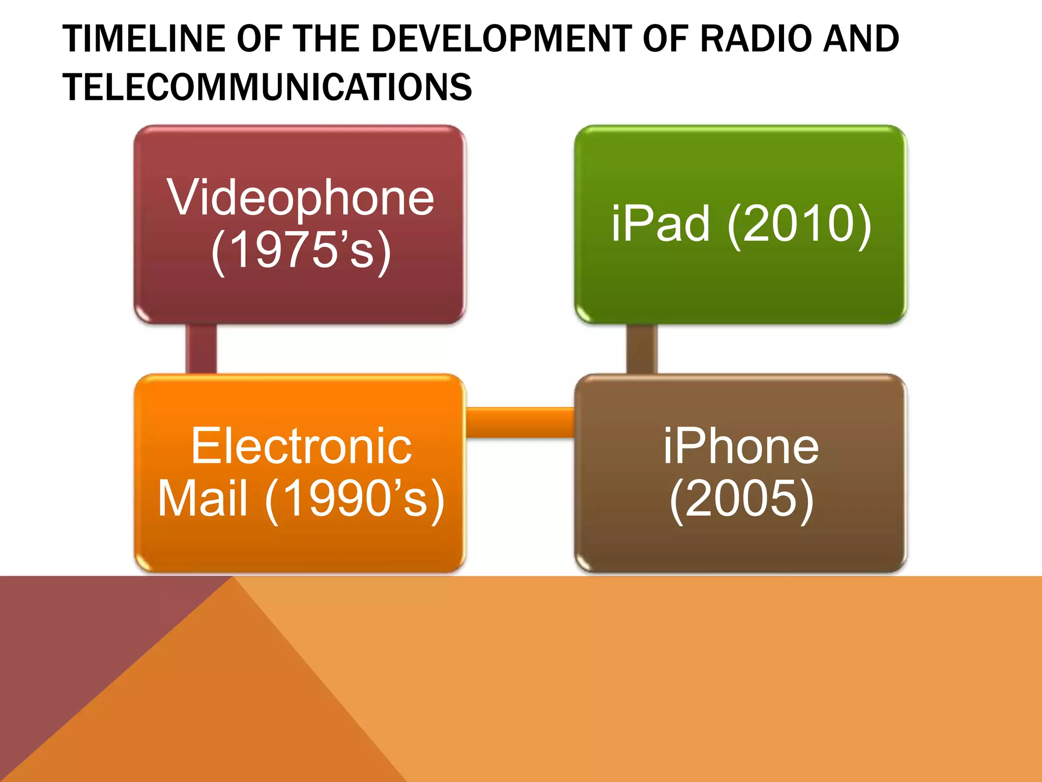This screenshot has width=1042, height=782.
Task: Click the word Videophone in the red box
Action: point(301,199)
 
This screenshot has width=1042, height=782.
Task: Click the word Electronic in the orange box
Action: point(301,446)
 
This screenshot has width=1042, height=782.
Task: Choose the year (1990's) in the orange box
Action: point(355,499)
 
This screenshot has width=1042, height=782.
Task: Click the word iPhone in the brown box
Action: point(741,446)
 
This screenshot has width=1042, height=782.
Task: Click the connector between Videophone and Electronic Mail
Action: point(201,349)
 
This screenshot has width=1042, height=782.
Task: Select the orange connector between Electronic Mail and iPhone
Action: point(520,422)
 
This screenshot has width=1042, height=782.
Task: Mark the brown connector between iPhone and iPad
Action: point(642,349)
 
